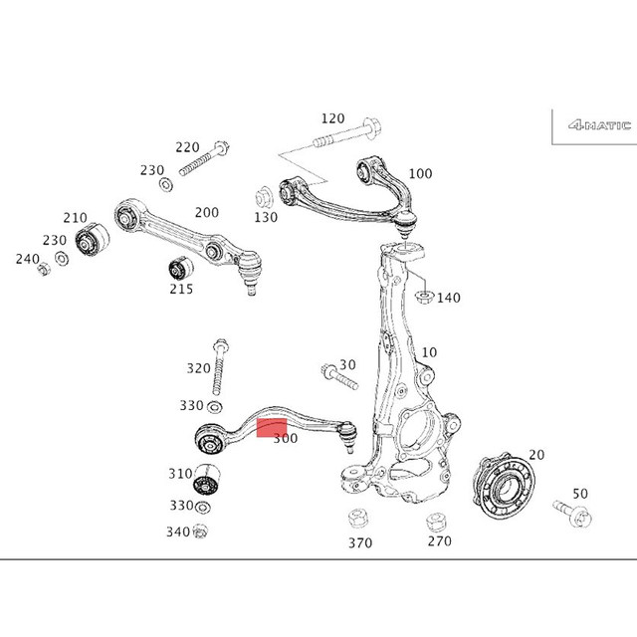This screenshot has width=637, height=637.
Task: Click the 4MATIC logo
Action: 599,125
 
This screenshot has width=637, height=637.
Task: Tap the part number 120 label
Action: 332,118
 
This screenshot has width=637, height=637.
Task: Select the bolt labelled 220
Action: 204,158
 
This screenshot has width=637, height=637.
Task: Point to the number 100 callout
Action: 420,174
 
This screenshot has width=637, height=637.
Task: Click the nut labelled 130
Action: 264,197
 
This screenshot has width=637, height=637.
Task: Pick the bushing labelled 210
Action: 93,239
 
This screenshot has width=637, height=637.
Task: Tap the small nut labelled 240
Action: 44,269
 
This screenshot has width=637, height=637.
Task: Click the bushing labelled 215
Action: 181,267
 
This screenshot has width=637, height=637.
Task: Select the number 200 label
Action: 206,212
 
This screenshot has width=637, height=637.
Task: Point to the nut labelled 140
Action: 424,297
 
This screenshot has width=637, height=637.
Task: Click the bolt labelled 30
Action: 338,376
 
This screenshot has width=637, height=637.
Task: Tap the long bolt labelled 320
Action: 219,367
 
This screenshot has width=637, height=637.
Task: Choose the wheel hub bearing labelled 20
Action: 504,487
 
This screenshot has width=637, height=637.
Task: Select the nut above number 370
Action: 358,520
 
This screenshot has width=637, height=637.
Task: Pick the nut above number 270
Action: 436,523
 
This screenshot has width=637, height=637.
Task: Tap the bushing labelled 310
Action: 206,479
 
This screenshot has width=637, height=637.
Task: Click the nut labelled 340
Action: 199,531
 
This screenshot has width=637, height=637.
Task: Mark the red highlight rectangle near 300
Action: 272,428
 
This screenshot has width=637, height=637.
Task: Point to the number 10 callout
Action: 429,352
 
